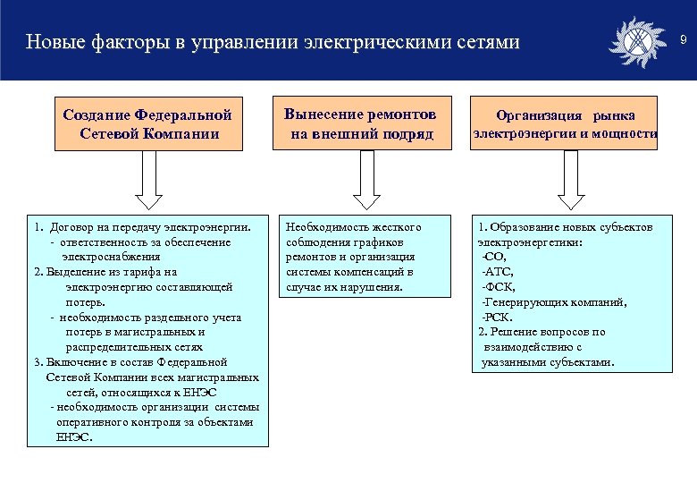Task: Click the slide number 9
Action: click(x=682, y=41)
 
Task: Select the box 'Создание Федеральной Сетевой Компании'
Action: click(x=147, y=125)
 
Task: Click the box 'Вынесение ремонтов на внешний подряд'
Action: click(x=360, y=124)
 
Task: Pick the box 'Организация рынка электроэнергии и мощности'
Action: click(x=566, y=125)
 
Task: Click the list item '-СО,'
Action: click(x=493, y=257)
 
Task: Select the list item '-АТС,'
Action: click(x=497, y=272)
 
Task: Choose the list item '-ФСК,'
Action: click(x=498, y=287)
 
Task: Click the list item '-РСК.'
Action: click(x=496, y=317)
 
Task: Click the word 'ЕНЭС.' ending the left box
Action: click(x=73, y=437)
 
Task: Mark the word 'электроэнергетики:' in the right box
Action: click(x=530, y=242)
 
